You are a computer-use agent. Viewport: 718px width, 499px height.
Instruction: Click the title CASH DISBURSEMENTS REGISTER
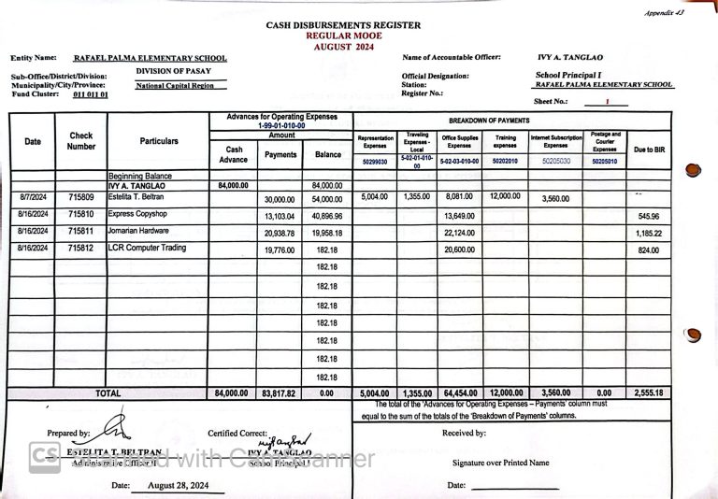click(342, 25)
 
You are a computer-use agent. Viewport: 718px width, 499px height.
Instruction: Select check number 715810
click(81, 215)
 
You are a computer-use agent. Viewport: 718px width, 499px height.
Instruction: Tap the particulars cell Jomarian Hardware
click(138, 231)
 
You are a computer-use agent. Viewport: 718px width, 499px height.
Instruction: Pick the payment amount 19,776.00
click(280, 249)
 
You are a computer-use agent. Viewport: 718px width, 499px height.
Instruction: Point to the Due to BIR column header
click(649, 150)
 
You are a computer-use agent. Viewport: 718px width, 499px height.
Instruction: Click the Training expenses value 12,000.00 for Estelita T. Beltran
click(505, 197)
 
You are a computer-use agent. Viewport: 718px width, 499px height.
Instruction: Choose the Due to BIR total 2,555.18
click(649, 393)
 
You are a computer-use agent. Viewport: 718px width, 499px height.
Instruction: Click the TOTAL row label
click(108, 393)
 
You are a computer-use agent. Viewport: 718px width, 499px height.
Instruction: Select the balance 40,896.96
click(328, 216)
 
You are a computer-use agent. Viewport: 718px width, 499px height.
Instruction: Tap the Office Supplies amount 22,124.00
click(460, 233)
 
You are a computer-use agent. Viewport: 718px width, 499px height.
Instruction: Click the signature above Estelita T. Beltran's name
click(115, 427)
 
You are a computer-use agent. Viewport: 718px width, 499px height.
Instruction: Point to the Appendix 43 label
click(665, 12)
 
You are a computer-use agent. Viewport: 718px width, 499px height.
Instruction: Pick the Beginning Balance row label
click(140, 176)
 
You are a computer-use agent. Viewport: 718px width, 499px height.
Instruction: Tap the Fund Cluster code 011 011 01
click(91, 94)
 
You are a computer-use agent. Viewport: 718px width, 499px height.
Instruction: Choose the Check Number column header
click(81, 141)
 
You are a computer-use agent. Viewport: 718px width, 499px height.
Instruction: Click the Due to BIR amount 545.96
click(649, 216)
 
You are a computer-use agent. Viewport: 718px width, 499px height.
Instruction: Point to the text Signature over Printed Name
click(500, 463)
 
